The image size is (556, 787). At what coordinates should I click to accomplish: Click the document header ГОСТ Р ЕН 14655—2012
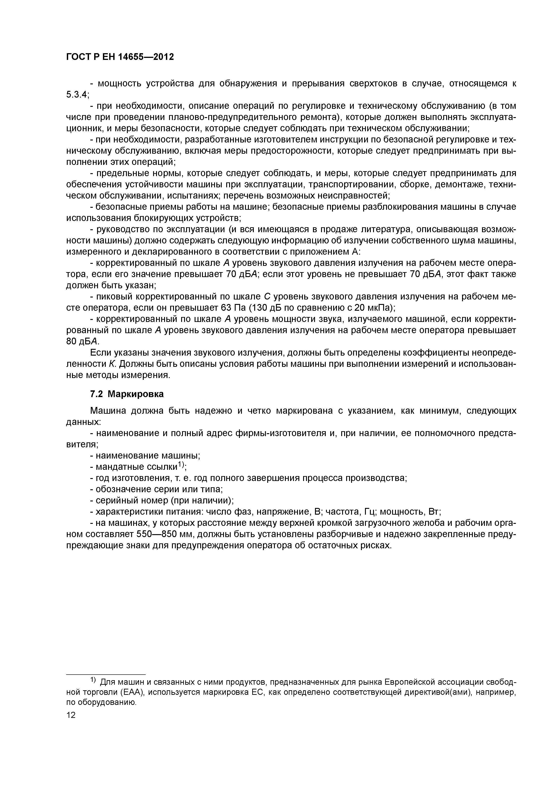coord(120,57)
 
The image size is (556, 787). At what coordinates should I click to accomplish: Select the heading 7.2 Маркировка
coord(127,394)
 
